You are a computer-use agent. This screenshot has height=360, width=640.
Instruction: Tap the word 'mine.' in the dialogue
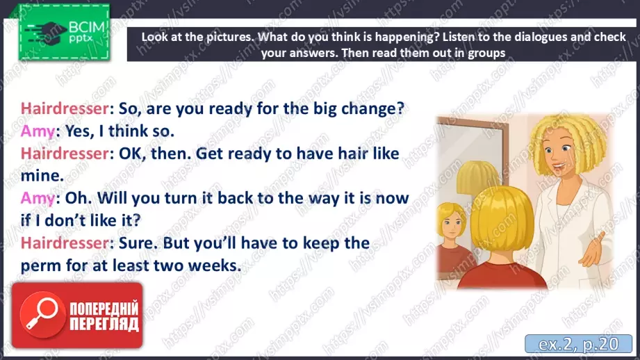pos(42,176)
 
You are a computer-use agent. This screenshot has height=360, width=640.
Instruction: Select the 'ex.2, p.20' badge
pos(578,344)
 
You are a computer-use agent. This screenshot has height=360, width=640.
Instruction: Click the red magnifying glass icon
pos(42,314)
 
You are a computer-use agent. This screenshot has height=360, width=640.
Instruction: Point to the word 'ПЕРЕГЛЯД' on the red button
pos(104,324)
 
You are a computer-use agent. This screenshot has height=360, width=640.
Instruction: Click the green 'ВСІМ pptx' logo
pos(64,32)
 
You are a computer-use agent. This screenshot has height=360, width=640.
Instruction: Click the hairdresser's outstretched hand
pos(595,249)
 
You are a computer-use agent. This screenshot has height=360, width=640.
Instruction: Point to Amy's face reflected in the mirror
pos(452,224)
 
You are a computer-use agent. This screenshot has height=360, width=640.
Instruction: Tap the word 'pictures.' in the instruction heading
pos(231,37)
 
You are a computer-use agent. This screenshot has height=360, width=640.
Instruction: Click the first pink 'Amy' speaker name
pos(38,131)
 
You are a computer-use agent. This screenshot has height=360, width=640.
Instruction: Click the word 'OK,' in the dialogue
pos(132,154)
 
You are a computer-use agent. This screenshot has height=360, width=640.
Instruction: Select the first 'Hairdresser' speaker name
pos(65,109)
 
